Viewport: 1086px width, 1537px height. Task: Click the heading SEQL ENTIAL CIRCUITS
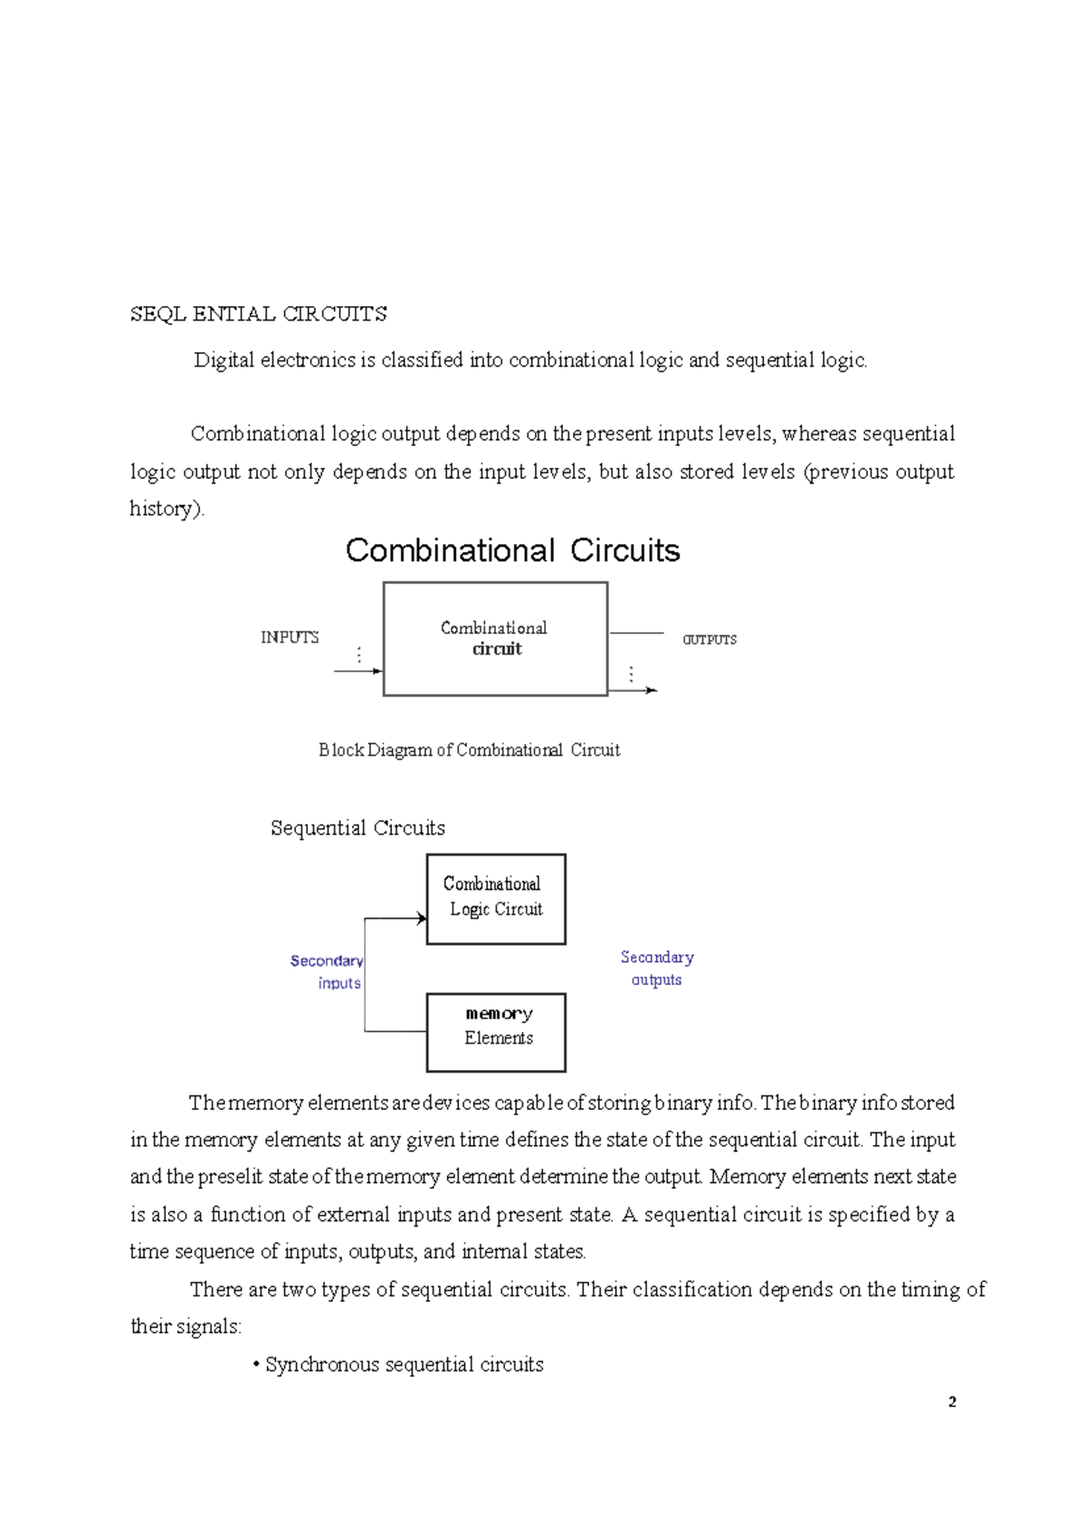[x=258, y=314]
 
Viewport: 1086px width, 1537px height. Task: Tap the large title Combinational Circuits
[x=512, y=550]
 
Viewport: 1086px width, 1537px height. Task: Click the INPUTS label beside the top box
[x=290, y=637]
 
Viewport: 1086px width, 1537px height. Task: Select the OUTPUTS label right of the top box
[x=710, y=639]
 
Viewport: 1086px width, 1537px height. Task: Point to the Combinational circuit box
[x=495, y=639]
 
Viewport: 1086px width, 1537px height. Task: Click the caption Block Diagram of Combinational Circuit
[x=469, y=749]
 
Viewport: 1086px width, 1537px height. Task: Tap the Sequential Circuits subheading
[x=357, y=828]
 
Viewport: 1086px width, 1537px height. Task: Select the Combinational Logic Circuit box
[x=496, y=899]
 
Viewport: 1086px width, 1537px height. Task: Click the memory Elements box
[x=496, y=1032]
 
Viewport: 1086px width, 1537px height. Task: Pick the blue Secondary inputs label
[x=328, y=971]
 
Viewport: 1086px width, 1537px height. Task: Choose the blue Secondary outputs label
[x=657, y=968]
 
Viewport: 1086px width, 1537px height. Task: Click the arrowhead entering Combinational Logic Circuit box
[x=421, y=919]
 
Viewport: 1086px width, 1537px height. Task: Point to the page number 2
[x=952, y=1402]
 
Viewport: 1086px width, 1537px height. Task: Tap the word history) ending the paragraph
[x=167, y=509]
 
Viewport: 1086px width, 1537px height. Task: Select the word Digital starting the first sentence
[x=224, y=360]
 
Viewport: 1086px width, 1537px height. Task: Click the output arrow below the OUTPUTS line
[x=633, y=691]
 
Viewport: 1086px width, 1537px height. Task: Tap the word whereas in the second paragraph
[x=818, y=434]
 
